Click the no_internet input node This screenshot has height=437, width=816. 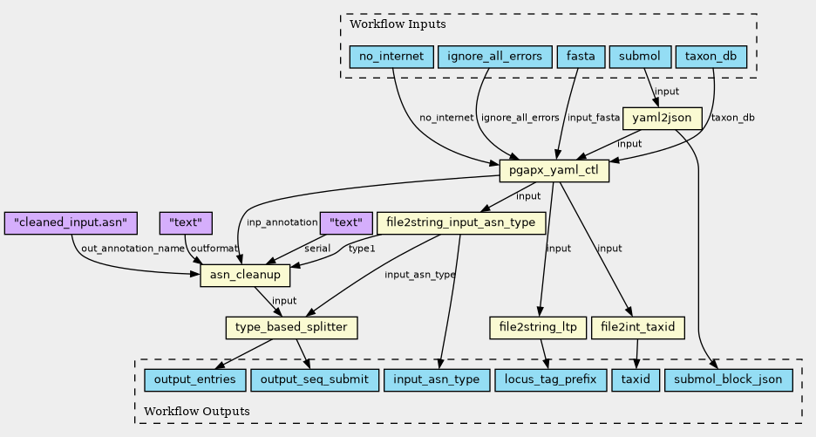coord(391,57)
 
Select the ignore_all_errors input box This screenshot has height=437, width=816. coord(494,57)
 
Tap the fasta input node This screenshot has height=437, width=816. coord(581,57)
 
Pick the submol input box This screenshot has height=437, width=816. coord(640,57)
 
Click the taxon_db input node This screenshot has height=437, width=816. coord(711,57)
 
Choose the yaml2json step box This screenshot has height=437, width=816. coord(663,118)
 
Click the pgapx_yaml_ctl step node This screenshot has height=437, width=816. coord(554,171)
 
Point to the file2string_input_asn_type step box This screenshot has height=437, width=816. coord(460,223)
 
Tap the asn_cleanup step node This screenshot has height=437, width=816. coord(245,276)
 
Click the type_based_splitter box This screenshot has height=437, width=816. coord(292,328)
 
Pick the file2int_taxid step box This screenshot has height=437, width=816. coord(638,328)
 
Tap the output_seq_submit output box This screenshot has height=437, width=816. coord(315,380)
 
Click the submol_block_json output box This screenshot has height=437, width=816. coord(728,380)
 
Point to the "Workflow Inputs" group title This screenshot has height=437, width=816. coord(385,24)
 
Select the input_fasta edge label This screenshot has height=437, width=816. coord(591,118)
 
